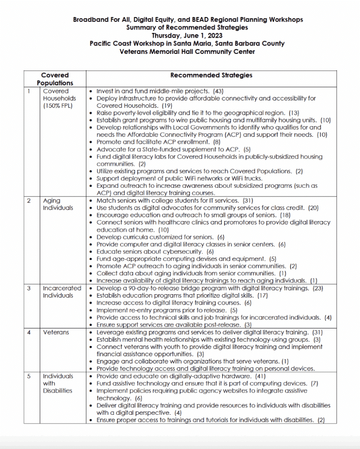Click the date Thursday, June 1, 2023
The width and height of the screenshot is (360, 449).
click(x=187, y=36)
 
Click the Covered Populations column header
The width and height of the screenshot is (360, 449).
click(x=55, y=79)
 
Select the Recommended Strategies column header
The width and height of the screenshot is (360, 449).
click(x=211, y=75)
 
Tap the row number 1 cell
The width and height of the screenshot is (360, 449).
click(x=29, y=91)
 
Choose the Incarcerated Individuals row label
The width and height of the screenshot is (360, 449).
click(x=62, y=292)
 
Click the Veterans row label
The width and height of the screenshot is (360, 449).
click(x=56, y=332)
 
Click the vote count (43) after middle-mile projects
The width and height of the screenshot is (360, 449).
click(x=218, y=91)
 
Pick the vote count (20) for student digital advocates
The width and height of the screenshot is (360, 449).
click(x=313, y=208)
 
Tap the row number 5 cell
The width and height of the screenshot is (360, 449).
click(x=29, y=376)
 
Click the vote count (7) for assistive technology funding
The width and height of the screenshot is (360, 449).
click(x=314, y=384)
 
